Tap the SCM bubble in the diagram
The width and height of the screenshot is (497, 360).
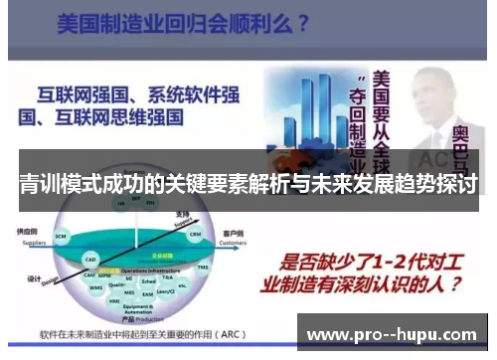pos(61,236)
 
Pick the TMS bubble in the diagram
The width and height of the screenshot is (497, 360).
pos(204,268)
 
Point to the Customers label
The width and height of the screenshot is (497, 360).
pos(231,242)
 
